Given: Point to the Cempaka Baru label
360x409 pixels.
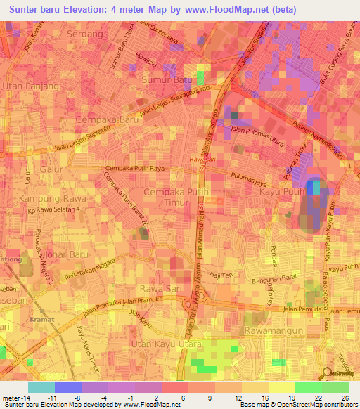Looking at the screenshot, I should (108, 120).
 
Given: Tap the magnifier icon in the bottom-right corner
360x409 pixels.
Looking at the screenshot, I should (328, 375).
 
